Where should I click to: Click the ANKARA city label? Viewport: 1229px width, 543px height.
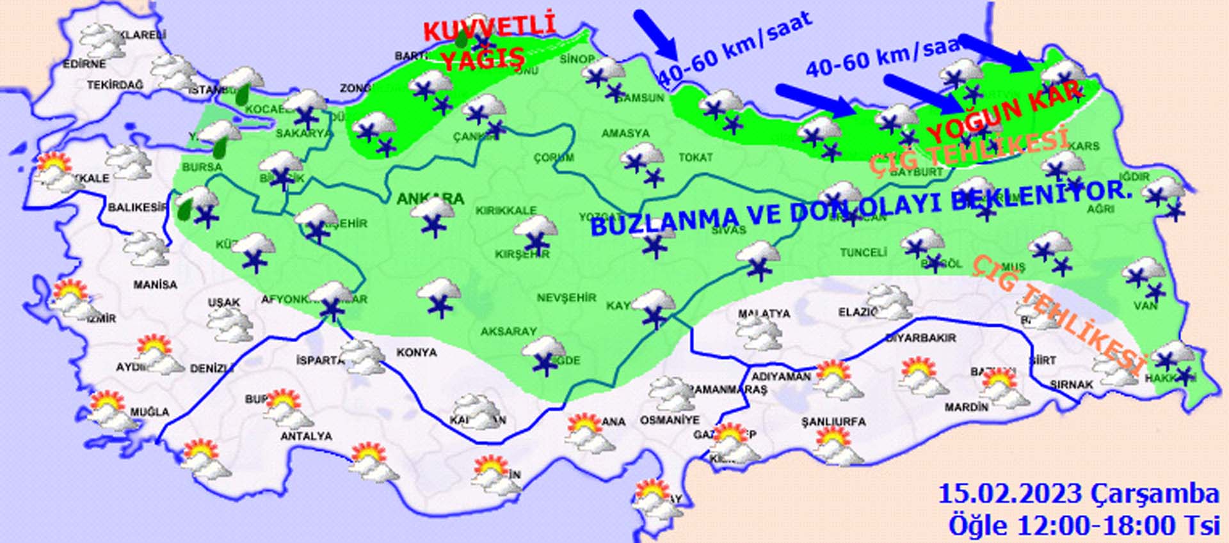click(430, 198)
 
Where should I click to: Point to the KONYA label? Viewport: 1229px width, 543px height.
click(417, 352)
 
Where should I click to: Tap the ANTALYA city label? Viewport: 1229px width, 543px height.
click(306, 436)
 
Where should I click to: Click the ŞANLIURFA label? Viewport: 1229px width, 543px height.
click(833, 422)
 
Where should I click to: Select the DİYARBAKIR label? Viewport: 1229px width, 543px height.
click(920, 338)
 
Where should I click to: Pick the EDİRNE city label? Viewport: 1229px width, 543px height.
click(84, 64)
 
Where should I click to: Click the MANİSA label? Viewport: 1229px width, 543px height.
click(155, 285)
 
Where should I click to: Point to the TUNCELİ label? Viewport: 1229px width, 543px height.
click(863, 253)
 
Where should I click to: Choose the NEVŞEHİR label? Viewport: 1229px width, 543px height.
click(566, 298)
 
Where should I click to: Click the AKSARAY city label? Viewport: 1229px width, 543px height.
click(508, 331)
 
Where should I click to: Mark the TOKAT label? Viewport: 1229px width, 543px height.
click(695, 157)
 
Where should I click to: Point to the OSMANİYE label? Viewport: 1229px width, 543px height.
click(670, 420)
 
